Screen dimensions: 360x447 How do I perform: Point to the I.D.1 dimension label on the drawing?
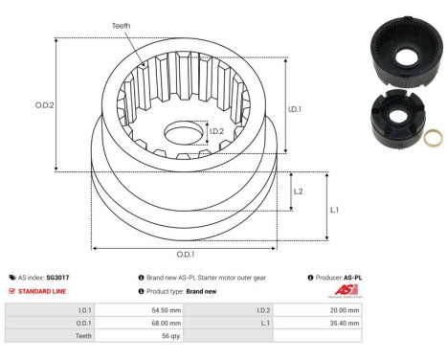click(296, 108)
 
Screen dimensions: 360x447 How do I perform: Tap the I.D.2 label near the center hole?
click(216, 131)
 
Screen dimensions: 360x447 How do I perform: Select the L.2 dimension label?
click(298, 191)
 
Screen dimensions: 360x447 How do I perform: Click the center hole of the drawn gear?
click(183, 132)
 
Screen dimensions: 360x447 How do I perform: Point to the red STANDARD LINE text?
click(44, 290)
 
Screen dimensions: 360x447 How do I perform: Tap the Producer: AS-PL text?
click(338, 277)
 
